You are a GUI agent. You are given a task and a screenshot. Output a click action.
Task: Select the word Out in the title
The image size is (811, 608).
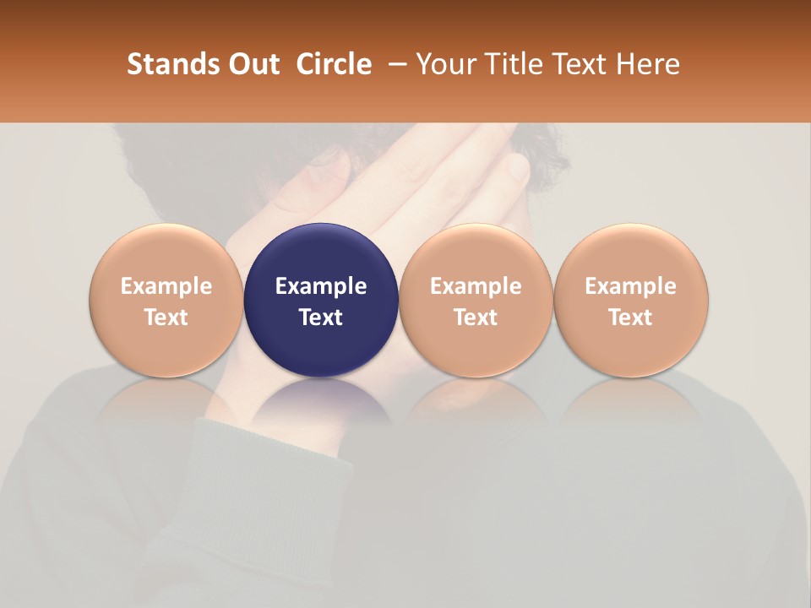coord(251,64)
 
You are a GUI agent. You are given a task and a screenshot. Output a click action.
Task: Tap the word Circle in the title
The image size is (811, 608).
coord(334,64)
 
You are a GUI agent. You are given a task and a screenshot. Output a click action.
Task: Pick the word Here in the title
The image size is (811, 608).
coord(648,64)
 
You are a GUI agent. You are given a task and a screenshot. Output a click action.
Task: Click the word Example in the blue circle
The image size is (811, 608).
coord(321,286)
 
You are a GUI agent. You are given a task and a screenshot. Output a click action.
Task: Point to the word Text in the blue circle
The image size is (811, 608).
coord(321,318)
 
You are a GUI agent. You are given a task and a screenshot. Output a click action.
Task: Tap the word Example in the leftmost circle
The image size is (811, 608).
coord(166,286)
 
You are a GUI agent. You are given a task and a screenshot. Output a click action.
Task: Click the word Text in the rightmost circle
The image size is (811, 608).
coord(630,318)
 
